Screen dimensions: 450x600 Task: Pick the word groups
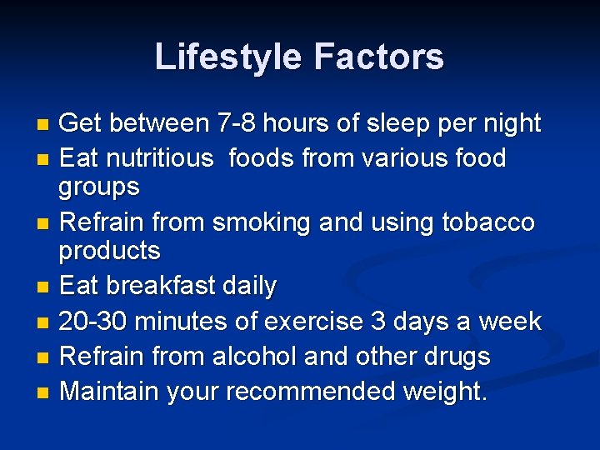98,187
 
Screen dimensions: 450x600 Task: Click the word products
109,250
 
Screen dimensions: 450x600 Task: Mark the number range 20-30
92,321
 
